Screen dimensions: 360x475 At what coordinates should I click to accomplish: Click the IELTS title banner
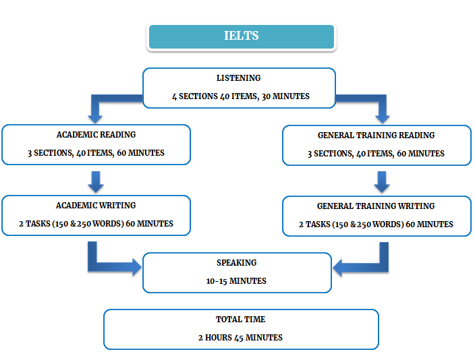241,36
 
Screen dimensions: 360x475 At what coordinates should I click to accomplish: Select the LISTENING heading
238,78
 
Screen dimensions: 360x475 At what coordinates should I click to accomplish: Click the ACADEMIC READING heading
96,135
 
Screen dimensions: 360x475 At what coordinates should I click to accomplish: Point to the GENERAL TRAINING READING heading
376,136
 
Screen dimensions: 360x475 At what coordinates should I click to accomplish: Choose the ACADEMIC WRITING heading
96,206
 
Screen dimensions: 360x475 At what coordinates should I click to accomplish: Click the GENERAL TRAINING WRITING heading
376,206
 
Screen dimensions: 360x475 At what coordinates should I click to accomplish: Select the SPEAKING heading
237,263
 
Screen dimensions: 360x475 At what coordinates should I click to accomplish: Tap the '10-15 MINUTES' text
237,280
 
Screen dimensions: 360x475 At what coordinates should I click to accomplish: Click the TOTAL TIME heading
241,320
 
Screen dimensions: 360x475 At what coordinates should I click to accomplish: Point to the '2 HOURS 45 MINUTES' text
241,337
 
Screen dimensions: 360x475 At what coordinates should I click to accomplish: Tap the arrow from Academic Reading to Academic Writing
95,181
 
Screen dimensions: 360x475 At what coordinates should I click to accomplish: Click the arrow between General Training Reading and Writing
381,181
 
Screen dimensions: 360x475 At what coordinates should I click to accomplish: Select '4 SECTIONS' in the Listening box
194,96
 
